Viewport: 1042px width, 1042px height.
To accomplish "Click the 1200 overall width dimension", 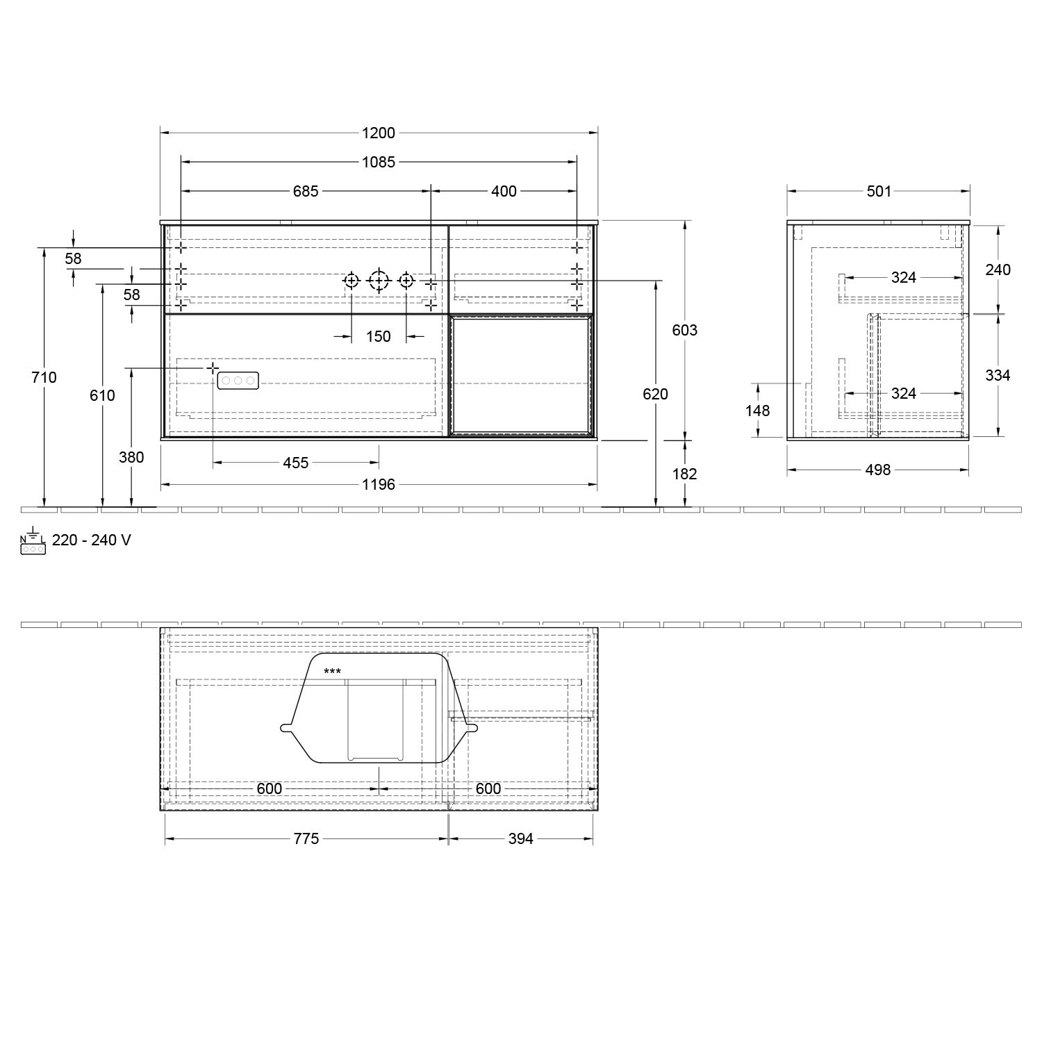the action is (378, 133).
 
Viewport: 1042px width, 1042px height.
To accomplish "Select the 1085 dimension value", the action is (378, 162).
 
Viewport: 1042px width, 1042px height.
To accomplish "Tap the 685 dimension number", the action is (305, 191).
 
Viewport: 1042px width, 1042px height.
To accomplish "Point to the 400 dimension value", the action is (504, 191).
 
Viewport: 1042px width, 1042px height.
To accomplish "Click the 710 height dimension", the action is (44, 377).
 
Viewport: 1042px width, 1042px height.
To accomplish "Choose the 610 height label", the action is (102, 395).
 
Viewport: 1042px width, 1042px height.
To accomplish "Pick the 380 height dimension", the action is (131, 457).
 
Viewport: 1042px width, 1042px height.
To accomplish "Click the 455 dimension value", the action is (296, 463).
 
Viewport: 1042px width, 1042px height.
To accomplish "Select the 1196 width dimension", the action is (379, 484).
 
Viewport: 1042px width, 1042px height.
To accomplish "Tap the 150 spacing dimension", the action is (379, 336).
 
